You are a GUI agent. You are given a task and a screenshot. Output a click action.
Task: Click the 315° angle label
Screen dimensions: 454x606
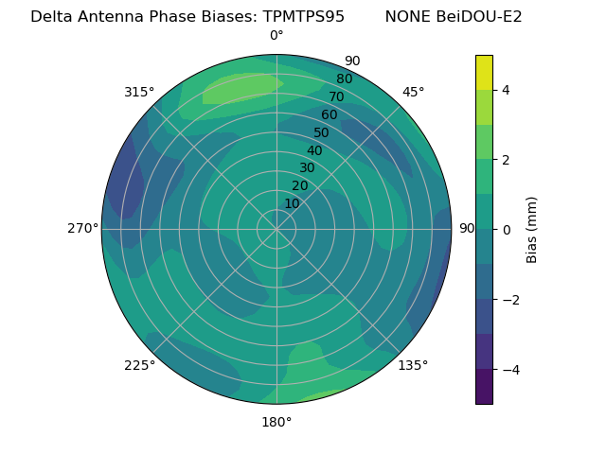pyautogui.click(x=138, y=92)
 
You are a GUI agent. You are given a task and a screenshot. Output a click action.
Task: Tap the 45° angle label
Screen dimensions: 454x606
pyautogui.click(x=413, y=92)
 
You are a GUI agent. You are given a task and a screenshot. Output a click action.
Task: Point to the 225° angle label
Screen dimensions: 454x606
pyautogui.click(x=139, y=366)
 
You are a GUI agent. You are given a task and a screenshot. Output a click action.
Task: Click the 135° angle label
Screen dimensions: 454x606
pyautogui.click(x=413, y=365)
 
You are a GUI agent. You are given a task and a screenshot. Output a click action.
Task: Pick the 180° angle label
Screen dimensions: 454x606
pyautogui.click(x=276, y=422)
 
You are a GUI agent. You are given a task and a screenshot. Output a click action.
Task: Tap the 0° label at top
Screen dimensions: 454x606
pyautogui.click(x=276, y=36)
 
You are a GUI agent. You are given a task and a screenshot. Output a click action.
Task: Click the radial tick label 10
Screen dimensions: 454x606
pyautogui.click(x=293, y=203)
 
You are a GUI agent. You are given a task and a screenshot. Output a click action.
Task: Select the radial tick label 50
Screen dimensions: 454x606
pyautogui.click(x=322, y=132)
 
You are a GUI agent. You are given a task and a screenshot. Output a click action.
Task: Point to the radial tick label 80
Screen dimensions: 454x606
pyautogui.click(x=344, y=79)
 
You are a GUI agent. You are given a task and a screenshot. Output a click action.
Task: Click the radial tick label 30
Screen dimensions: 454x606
pyautogui.click(x=307, y=167)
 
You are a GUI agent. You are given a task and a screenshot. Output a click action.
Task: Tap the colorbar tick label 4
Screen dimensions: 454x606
pyautogui.click(x=507, y=90)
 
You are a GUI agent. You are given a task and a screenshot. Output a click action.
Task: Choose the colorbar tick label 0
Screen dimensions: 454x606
pyautogui.click(x=507, y=229)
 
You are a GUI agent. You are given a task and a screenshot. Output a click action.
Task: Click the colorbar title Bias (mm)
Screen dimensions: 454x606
pyautogui.click(x=532, y=229)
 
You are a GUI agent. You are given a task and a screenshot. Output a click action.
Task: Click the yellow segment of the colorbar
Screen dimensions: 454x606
pyautogui.click(x=484, y=72)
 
